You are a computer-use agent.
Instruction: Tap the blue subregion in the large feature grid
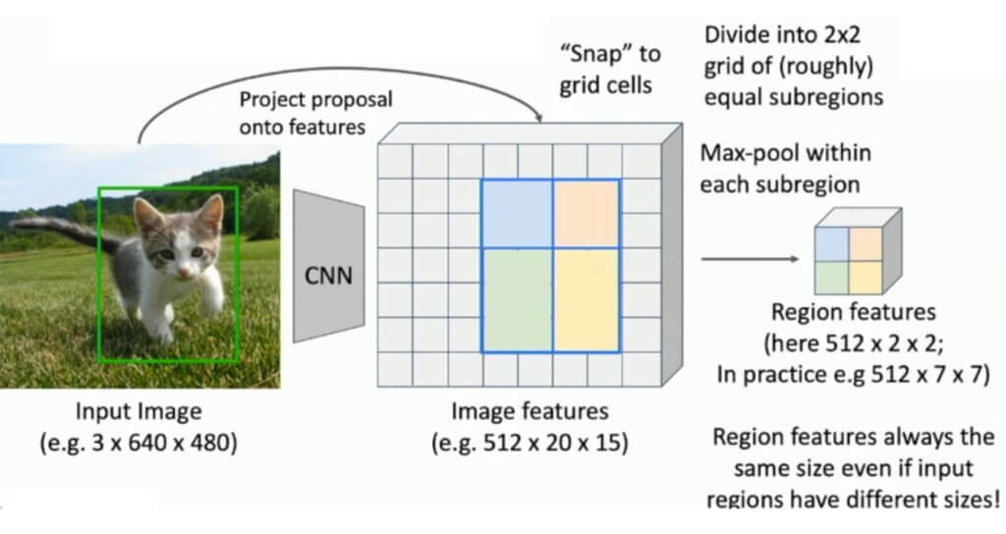coord(516,214)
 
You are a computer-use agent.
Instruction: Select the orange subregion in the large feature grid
coord(587,214)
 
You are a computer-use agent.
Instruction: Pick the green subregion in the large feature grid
coord(516,300)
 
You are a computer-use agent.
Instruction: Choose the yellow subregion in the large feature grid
coord(587,300)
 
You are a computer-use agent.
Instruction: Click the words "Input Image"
coord(138,411)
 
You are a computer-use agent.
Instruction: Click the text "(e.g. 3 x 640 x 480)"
coord(138,442)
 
